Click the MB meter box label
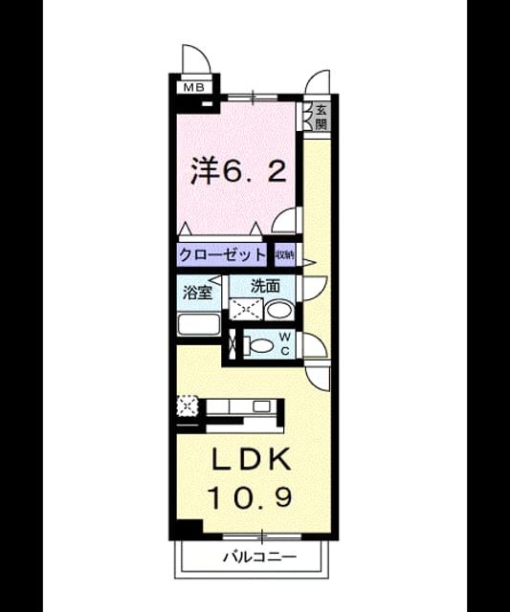194,87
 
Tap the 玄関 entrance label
321,117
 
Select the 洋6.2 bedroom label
238,171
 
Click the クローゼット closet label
222,255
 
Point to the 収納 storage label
285,255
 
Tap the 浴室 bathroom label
198,293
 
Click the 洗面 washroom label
265,286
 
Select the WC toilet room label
285,343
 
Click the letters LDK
252,459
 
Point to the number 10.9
251,497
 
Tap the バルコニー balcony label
259,557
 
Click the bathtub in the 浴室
199,324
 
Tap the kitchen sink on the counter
259,406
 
